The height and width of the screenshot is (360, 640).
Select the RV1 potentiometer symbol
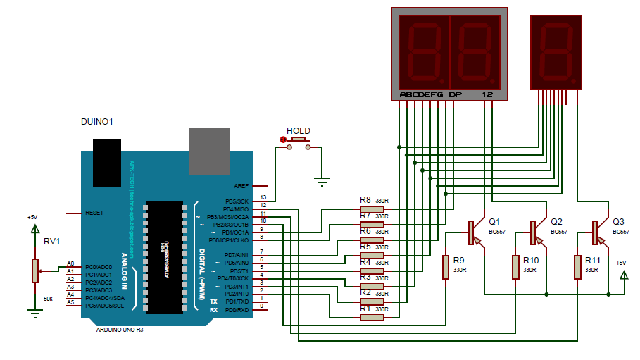pyautogui.click(x=34, y=271)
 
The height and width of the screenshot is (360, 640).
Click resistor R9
pyautogui.click(x=445, y=267)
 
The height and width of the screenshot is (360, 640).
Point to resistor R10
pyautogui.click(x=515, y=267)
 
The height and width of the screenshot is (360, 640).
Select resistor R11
pyautogui.click(x=577, y=267)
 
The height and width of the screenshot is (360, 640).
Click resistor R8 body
pyautogui.click(x=372, y=209)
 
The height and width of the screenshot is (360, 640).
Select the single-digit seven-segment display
pyautogui.click(x=556, y=53)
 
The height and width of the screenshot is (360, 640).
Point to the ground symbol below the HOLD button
pyautogui.click(x=322, y=182)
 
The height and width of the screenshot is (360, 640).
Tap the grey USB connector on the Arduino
pyautogui.click(x=209, y=151)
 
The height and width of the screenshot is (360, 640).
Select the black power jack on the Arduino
pyautogui.click(x=107, y=161)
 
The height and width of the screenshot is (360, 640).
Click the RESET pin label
pyautogui.click(x=94, y=212)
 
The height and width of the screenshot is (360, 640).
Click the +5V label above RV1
pyautogui.click(x=32, y=218)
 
